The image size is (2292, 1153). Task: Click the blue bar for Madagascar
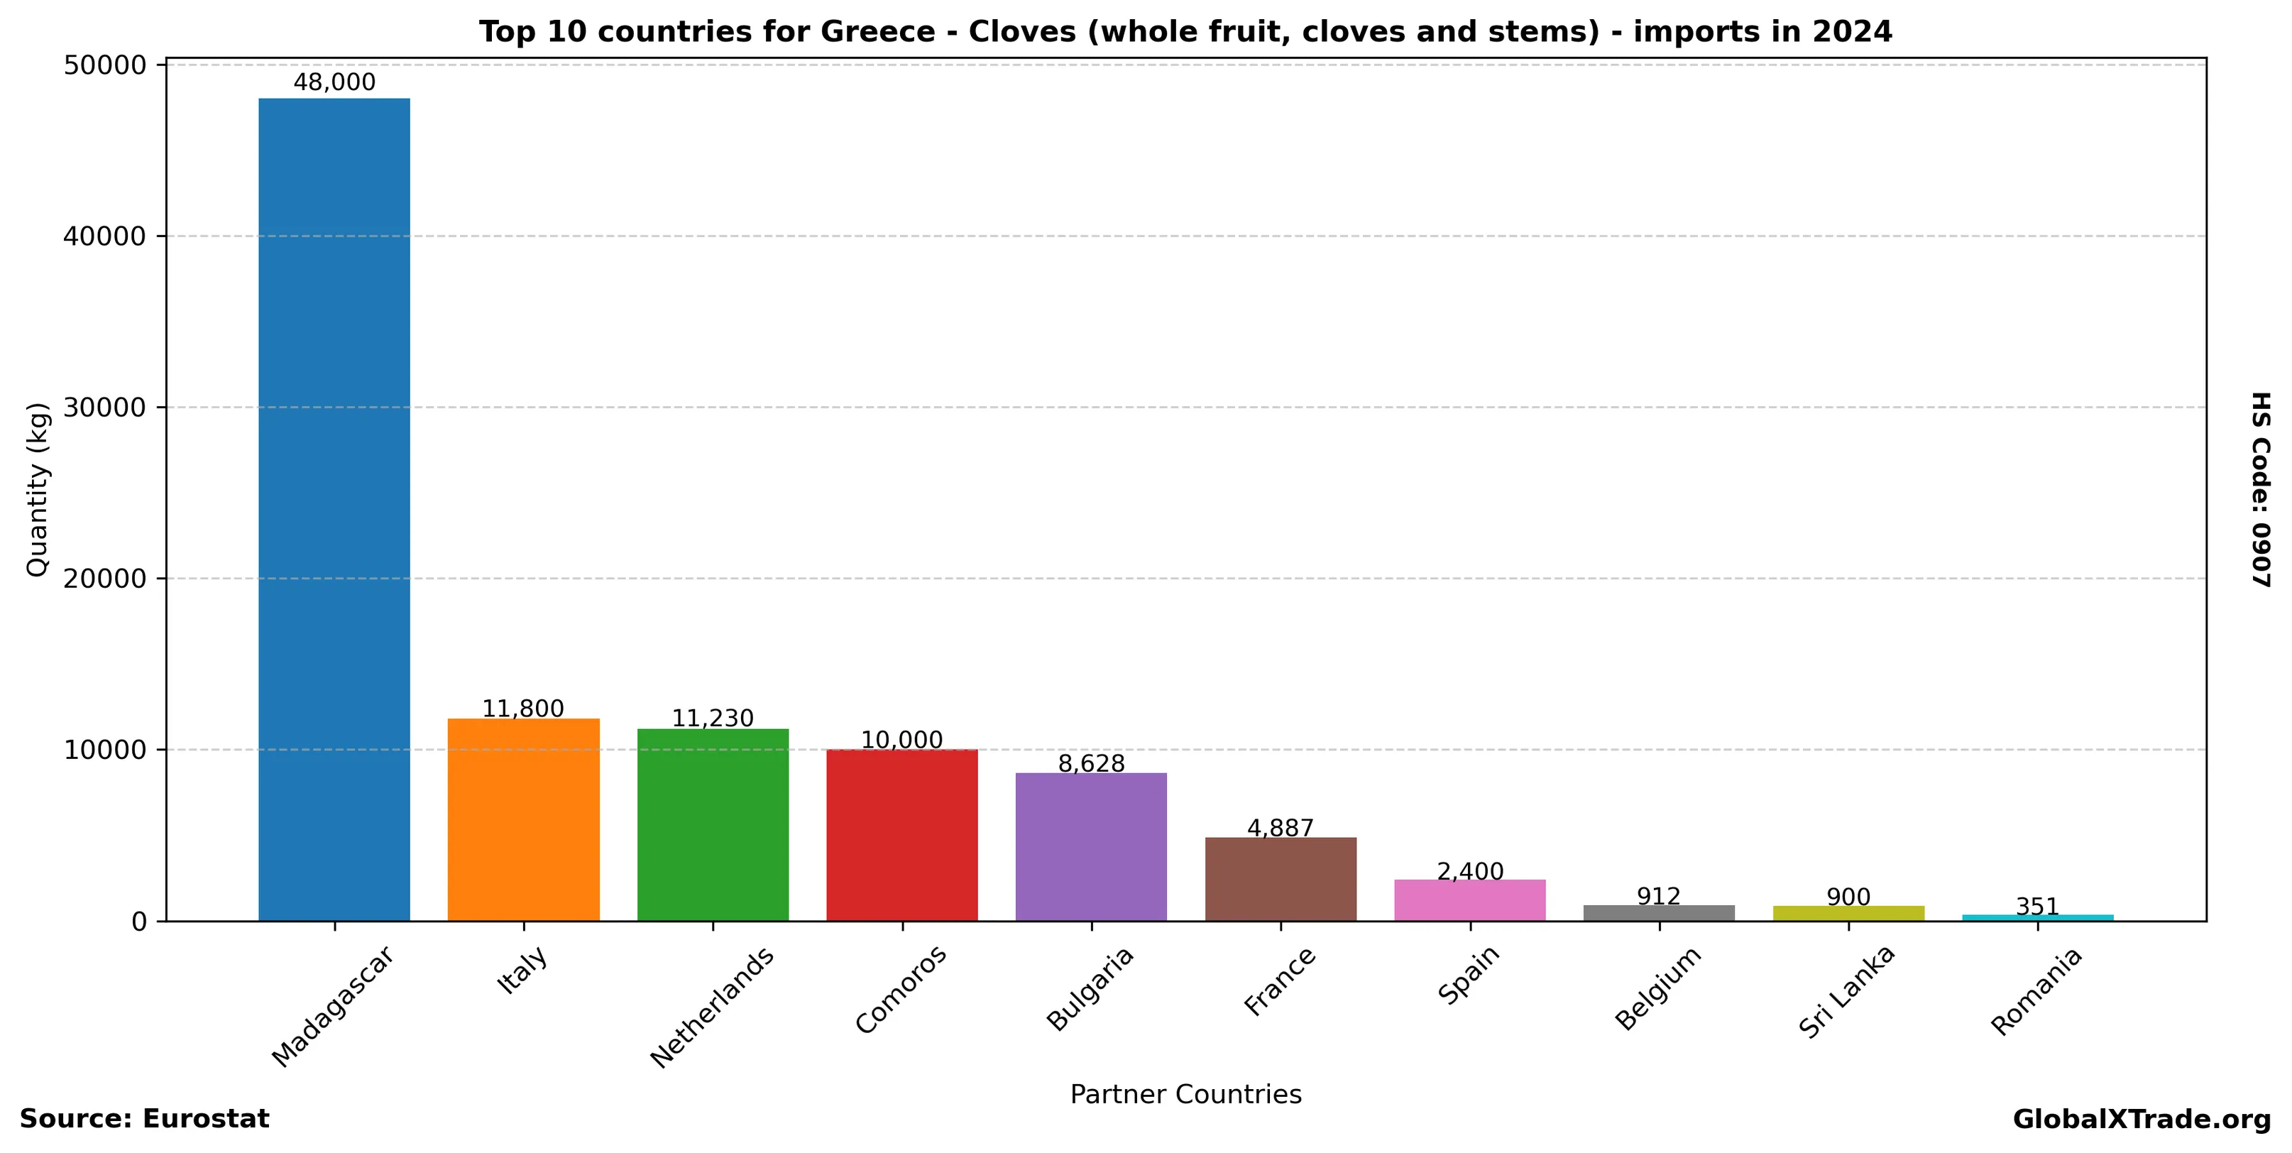coord(334,509)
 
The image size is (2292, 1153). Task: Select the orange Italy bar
coord(523,819)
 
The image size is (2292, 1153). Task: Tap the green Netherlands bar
coord(713,825)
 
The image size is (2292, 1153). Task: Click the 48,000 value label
coord(334,83)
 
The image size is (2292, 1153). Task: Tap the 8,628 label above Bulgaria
coord(1091,763)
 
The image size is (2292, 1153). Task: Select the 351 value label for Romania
coord(2036,907)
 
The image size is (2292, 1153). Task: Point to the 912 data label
coord(1659,896)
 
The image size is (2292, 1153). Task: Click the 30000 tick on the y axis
coord(105,408)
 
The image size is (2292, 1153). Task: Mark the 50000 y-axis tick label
coord(105,66)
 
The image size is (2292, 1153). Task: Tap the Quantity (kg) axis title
coord(38,489)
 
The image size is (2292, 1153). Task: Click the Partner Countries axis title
coord(1185,1094)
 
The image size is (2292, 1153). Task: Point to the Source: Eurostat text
coord(144,1119)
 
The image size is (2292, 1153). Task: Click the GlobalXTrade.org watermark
coord(2142,1119)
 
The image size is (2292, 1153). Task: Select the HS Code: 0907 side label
coord(2261,489)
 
